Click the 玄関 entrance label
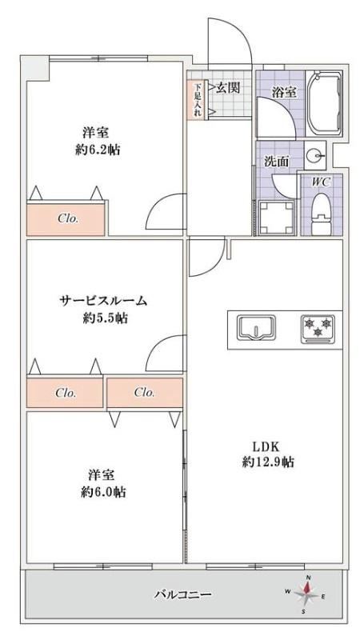point(227,88)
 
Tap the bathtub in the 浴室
point(324,105)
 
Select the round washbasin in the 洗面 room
point(314,155)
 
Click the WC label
point(322,182)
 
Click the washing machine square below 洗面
point(276,218)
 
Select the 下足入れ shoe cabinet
point(198,99)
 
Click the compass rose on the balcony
point(306,594)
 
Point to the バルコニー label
point(182,594)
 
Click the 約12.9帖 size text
point(268,462)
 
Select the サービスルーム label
point(103,302)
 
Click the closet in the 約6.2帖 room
point(66,218)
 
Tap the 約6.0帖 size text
point(103,492)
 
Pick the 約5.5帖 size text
point(105,318)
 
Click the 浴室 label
point(284,92)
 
